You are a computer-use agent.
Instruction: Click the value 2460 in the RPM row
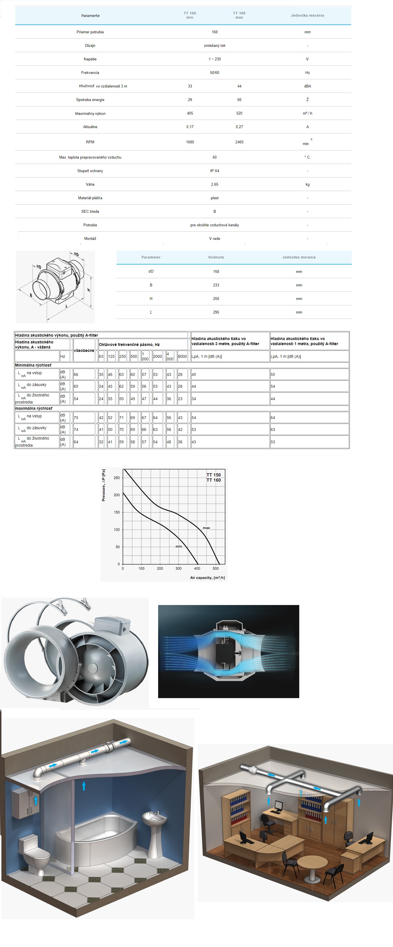(x=239, y=142)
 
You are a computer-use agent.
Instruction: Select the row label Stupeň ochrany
(x=90, y=171)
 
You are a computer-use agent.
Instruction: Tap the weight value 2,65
(x=215, y=185)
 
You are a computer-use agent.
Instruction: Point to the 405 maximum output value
(x=190, y=113)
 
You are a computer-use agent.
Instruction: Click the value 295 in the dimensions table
(x=216, y=312)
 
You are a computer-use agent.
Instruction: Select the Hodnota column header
(x=216, y=257)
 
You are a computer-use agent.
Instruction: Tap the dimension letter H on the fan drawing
(x=89, y=290)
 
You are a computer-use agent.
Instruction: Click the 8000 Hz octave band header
(x=182, y=356)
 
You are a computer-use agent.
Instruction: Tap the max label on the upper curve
(x=206, y=528)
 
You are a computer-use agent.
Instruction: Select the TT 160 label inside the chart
(x=213, y=480)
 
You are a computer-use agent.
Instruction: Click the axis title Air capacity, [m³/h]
(x=207, y=578)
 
